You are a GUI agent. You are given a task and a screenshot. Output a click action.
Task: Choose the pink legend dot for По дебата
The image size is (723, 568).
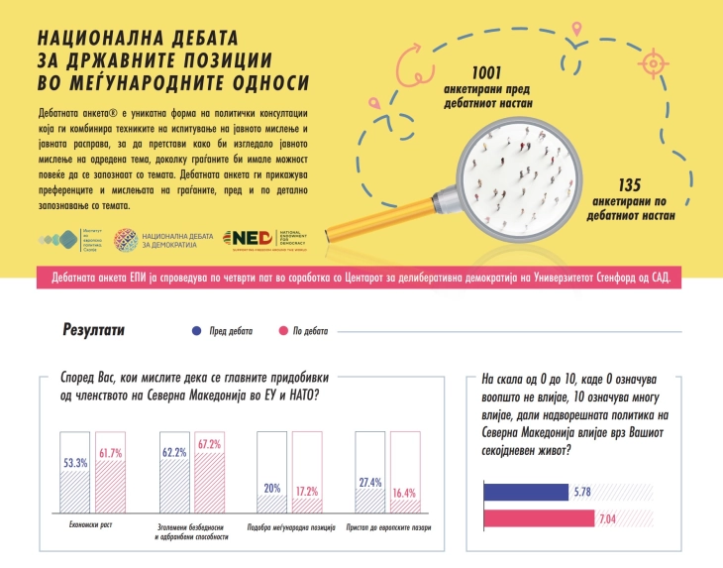(284, 331)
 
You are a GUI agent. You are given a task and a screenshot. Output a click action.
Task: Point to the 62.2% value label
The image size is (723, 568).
(174, 452)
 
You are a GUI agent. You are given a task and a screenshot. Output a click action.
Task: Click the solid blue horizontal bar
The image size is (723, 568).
(526, 491)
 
